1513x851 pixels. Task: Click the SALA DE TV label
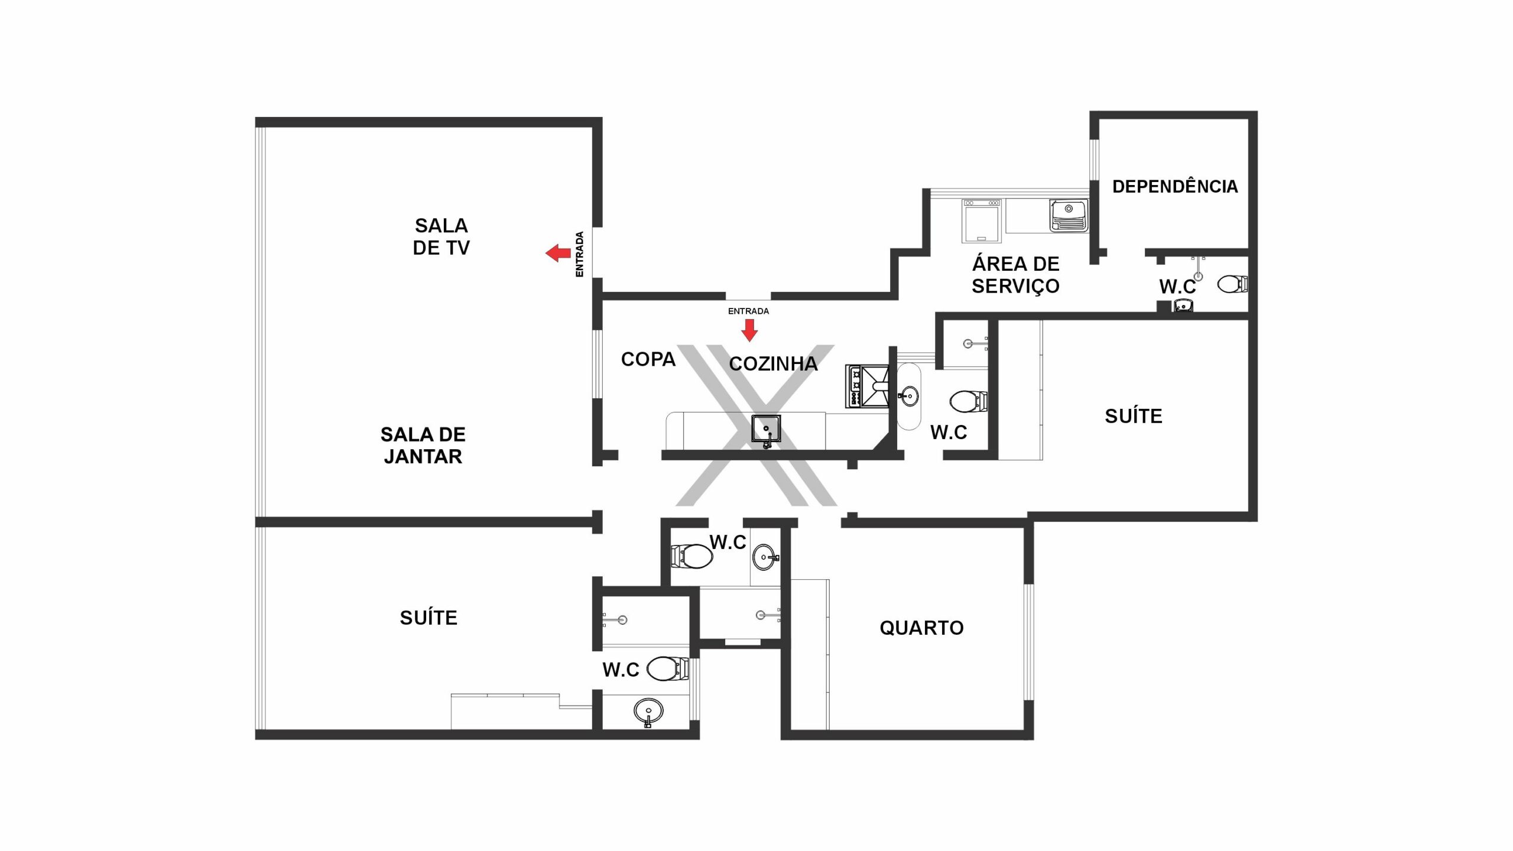click(x=441, y=236)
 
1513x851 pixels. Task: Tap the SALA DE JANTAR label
click(x=423, y=446)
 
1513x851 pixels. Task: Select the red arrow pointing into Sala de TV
click(x=558, y=254)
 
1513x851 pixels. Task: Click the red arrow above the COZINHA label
click(x=749, y=330)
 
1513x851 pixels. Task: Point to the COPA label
click(x=648, y=359)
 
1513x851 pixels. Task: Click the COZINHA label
click(x=773, y=364)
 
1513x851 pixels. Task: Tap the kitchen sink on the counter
click(x=767, y=430)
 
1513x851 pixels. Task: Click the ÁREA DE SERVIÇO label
click(x=1016, y=275)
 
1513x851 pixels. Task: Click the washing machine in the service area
click(x=982, y=220)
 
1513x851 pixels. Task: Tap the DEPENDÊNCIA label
click(x=1175, y=187)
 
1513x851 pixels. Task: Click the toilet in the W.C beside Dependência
click(x=1232, y=284)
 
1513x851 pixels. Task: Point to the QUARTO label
click(x=921, y=628)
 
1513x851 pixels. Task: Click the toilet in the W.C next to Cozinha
click(x=968, y=401)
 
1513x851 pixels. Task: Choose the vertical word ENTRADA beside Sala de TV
click(x=580, y=254)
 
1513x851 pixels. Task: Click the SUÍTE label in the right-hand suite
click(x=1134, y=417)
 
